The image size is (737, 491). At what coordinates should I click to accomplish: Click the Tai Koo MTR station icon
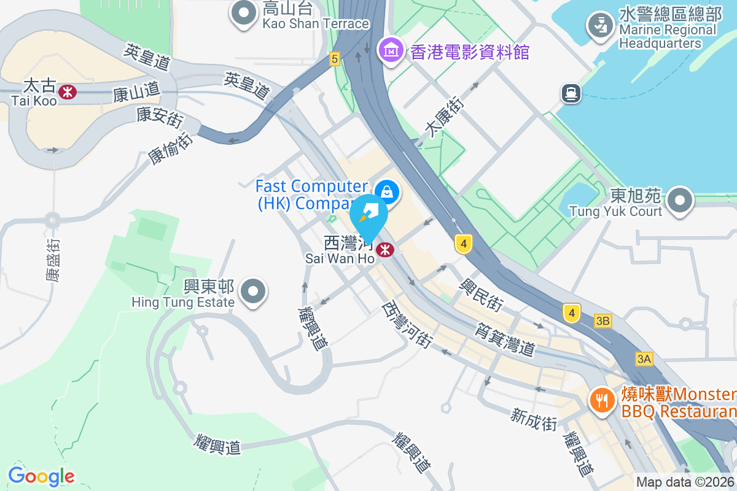68,92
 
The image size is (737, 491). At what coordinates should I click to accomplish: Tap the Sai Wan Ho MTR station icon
385,250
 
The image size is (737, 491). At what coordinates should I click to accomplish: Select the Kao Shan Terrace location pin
244,13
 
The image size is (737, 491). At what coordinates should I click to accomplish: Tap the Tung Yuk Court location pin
680,201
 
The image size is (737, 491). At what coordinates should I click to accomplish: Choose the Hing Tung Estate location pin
253,292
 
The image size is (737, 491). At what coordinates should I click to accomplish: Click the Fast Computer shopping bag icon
388,192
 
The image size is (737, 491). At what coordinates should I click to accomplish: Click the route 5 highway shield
334,59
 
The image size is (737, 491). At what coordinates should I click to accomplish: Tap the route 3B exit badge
603,321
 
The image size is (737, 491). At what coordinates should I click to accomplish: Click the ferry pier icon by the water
571,93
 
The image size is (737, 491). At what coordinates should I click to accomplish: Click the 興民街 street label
483,293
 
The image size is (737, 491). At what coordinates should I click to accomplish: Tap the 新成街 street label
533,419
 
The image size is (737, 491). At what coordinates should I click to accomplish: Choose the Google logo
41,476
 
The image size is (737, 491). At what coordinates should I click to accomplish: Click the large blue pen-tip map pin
368,215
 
